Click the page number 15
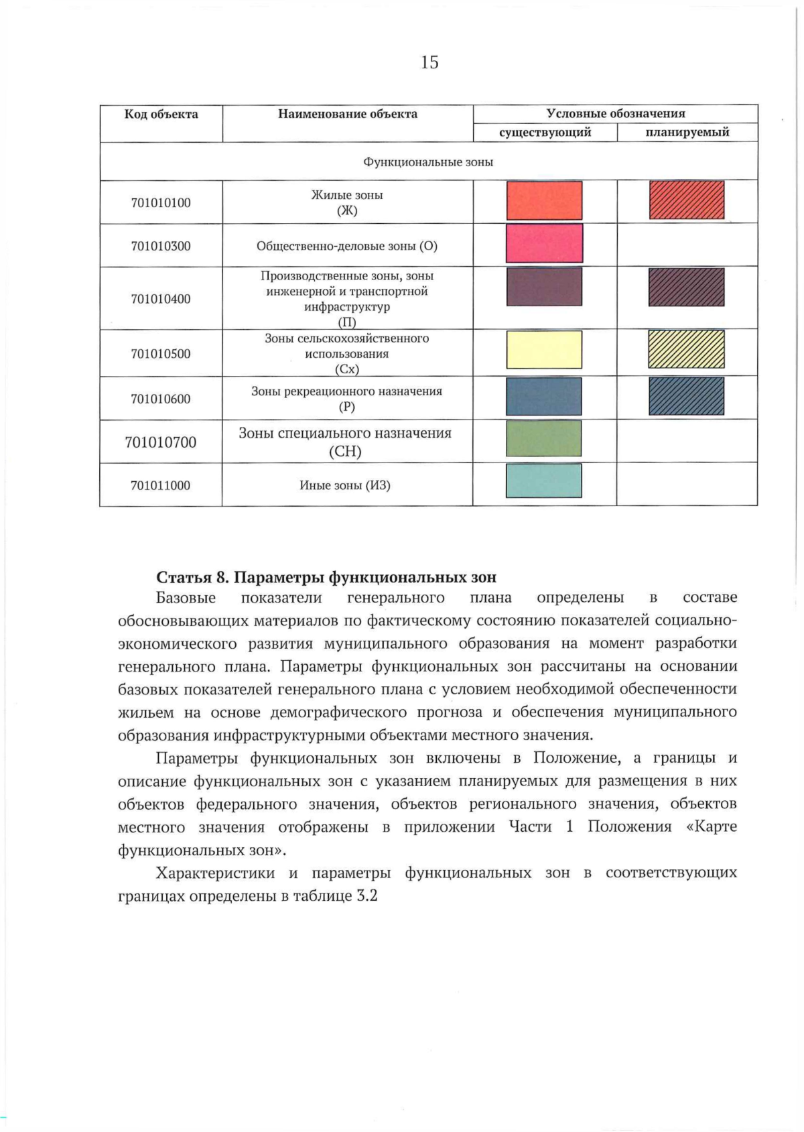click(x=429, y=62)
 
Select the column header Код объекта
click(x=161, y=114)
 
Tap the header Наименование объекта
click(x=347, y=114)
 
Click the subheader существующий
click(x=545, y=132)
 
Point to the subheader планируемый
click(x=687, y=132)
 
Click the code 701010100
click(x=161, y=202)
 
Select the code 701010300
click(x=161, y=246)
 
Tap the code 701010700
click(x=161, y=442)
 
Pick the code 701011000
click(x=161, y=485)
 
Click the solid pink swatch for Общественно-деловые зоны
click(x=544, y=243)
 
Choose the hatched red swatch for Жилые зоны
click(x=687, y=200)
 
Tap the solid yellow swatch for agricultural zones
click(x=544, y=349)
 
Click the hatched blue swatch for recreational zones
click(x=687, y=396)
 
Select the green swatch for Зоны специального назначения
click(x=544, y=438)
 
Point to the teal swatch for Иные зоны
click(x=544, y=481)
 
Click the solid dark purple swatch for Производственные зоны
click(x=544, y=287)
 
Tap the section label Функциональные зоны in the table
click(x=428, y=162)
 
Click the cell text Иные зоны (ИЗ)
click(x=345, y=485)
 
